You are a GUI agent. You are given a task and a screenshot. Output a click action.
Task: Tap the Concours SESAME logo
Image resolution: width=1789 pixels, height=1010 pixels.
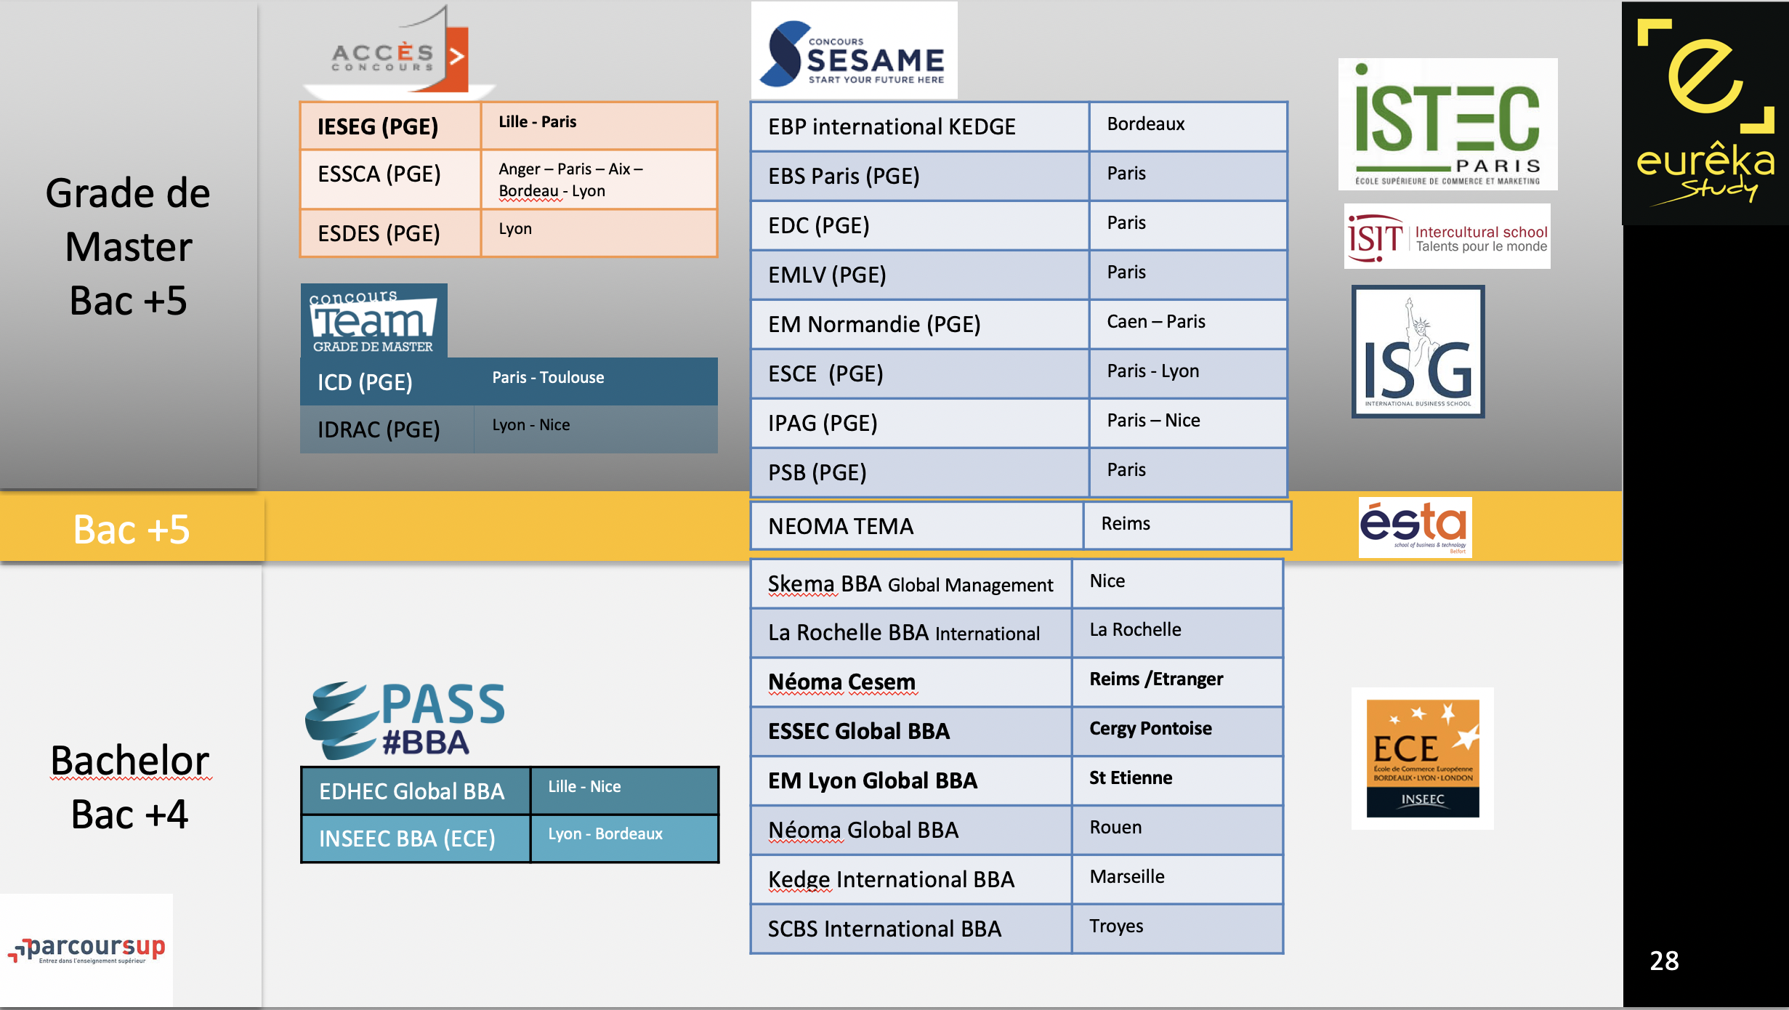point(854,50)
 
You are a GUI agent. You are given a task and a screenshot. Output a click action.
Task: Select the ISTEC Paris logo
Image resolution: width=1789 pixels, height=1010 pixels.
point(1447,124)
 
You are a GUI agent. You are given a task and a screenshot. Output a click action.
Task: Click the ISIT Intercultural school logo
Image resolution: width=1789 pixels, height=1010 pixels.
point(1447,236)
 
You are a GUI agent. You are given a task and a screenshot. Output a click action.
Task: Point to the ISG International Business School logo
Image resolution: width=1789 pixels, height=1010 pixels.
point(1418,352)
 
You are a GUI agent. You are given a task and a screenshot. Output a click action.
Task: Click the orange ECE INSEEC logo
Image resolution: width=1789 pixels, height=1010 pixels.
point(1422,758)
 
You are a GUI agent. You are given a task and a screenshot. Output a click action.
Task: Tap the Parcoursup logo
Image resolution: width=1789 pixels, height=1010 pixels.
point(86,949)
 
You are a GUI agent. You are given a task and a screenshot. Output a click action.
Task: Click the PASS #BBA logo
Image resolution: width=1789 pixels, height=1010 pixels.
point(405,720)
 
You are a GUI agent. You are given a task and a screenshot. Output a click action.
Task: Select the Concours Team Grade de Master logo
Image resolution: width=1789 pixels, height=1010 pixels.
point(373,320)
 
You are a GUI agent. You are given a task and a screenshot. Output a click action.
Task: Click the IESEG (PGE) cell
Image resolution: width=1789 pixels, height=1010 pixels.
point(390,126)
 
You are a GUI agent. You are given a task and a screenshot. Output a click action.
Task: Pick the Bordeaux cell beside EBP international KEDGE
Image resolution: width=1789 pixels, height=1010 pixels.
point(1188,126)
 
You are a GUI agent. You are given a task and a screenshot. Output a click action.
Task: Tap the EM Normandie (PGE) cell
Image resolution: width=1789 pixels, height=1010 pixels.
point(920,324)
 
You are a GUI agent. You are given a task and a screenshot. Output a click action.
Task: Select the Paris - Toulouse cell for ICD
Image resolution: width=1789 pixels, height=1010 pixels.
point(596,381)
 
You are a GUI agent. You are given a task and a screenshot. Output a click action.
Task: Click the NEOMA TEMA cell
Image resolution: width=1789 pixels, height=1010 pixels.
point(917,525)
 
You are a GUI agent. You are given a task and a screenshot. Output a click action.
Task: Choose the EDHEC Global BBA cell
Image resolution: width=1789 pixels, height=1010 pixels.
point(416,791)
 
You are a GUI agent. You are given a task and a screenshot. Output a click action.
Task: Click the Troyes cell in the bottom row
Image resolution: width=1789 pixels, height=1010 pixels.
point(1177,929)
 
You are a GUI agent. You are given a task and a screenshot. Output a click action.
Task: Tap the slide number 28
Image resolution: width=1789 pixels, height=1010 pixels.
point(1664,961)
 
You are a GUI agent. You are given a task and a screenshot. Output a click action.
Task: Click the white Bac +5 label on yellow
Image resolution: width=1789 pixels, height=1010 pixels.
point(132,529)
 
